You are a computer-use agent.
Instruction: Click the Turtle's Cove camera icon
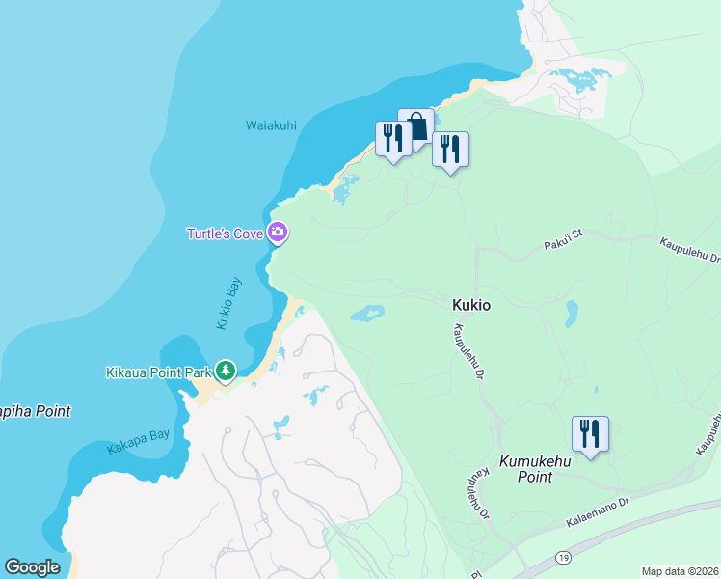278,232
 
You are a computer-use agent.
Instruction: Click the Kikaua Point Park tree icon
226,371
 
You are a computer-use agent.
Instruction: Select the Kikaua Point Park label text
158,372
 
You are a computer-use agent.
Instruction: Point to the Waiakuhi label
271,125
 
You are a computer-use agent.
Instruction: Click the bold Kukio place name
471,304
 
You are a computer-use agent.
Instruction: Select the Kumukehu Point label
526,470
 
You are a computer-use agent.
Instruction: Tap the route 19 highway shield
564,558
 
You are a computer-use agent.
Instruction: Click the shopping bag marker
415,126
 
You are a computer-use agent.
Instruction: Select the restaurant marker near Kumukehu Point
589,433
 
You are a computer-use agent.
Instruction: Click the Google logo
32,567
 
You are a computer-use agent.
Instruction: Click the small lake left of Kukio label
366,313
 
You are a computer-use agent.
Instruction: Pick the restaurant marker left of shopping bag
393,138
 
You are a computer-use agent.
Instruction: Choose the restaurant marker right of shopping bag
450,150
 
